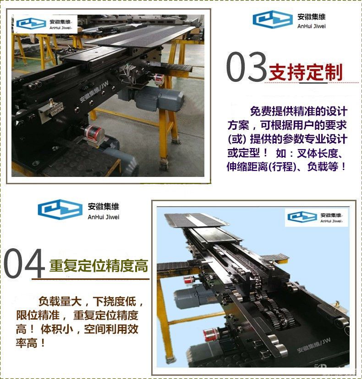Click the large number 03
pos(247,66)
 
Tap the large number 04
pos(24,263)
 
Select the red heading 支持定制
pos(306,72)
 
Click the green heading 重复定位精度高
pos(99,266)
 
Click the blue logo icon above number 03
pos(273,19)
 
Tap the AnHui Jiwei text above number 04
pos(104,217)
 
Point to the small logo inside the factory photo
pos(45,24)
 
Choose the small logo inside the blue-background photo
pos(316,218)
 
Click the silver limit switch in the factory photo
pos(51,109)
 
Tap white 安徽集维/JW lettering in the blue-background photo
pos(313,346)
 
